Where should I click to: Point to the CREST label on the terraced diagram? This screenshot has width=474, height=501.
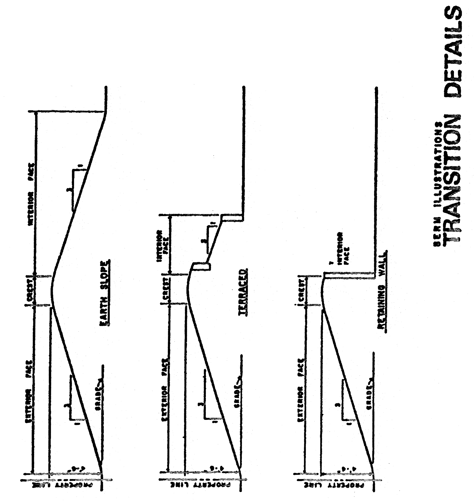pyautogui.click(x=165, y=289)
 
